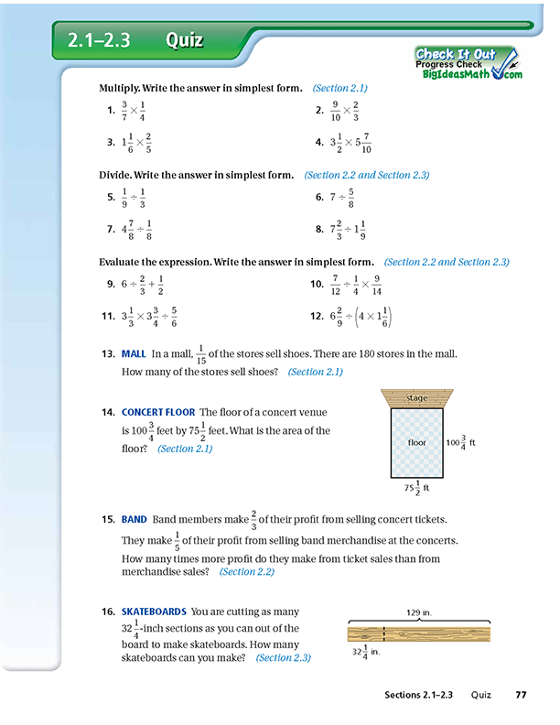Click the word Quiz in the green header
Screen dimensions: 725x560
[x=184, y=40]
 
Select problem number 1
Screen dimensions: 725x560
[x=111, y=111]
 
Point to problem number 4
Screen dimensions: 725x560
[x=319, y=143]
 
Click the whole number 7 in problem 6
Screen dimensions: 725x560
[x=334, y=197]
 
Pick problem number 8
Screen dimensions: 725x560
[x=319, y=229]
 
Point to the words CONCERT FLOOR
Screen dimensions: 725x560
[x=157, y=413]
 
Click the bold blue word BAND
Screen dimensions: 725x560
[x=134, y=519]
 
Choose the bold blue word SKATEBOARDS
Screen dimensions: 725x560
[x=154, y=611]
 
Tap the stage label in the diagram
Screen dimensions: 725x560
[x=416, y=398]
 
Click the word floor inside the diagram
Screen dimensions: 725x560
[x=417, y=442]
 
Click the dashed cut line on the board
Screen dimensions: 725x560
[x=384, y=633]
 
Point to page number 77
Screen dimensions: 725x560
[x=521, y=696]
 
